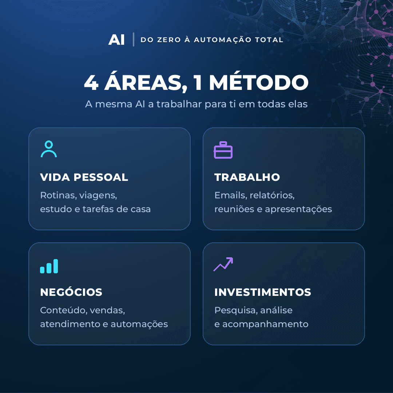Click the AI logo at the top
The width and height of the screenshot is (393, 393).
click(116, 40)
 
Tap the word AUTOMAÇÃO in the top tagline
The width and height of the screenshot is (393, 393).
click(223, 40)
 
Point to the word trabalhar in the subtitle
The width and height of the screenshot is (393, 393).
click(179, 104)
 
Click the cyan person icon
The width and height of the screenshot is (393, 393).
click(49, 149)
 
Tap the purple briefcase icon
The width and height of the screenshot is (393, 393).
click(223, 150)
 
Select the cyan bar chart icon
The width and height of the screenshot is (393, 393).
click(49, 266)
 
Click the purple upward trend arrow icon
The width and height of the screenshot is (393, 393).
click(223, 264)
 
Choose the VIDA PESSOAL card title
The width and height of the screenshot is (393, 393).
click(84, 177)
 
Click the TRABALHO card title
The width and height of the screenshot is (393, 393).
click(247, 177)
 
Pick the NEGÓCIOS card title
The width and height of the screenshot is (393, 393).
click(71, 291)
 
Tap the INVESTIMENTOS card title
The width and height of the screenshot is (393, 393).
click(263, 292)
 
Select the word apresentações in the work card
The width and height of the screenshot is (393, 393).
click(298, 209)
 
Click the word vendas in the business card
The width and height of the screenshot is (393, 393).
click(107, 310)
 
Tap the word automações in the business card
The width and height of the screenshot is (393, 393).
click(139, 324)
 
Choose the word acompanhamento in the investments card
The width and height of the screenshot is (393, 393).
click(265, 324)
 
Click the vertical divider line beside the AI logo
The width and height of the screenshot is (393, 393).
click(134, 39)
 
